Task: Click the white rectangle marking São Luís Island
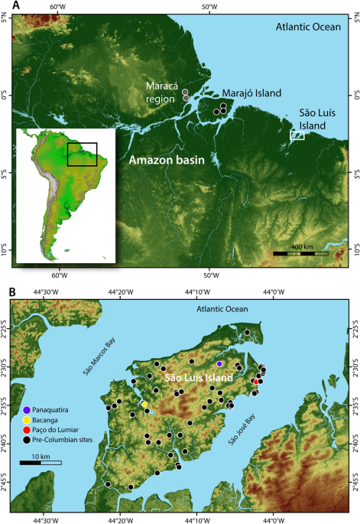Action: click(297, 135)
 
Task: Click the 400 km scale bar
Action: click(301, 252)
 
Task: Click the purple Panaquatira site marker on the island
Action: click(219, 364)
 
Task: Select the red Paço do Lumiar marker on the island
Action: click(255, 382)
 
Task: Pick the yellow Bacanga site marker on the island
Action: click(144, 404)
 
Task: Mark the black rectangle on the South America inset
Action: click(83, 155)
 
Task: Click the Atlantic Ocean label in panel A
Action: click(306, 28)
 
